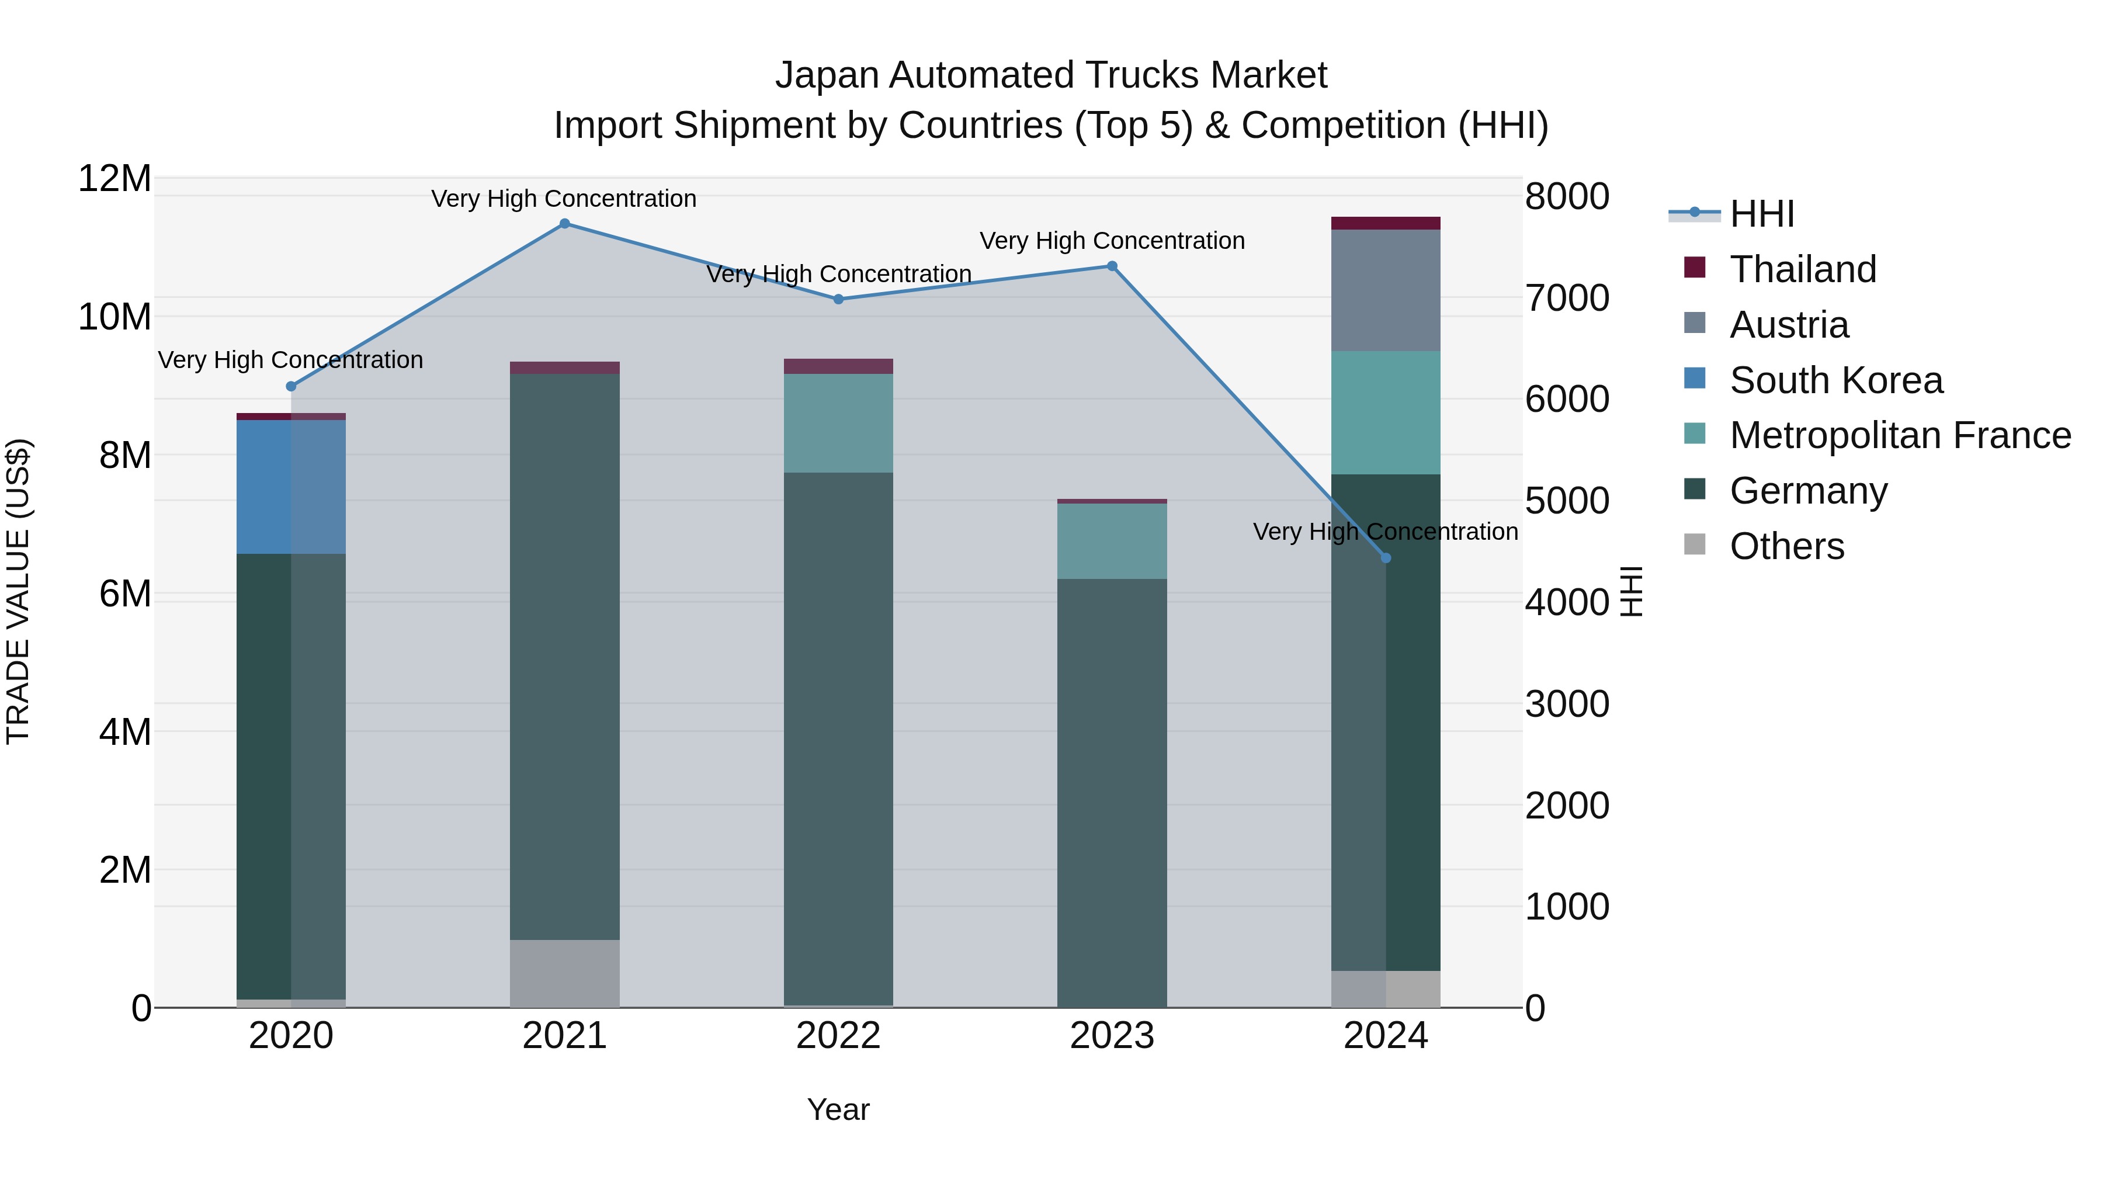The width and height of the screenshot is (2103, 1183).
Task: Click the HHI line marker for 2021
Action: click(x=564, y=224)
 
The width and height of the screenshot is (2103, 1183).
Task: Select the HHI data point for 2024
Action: click(x=1386, y=558)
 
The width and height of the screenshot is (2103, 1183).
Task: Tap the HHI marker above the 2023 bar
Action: click(x=1112, y=266)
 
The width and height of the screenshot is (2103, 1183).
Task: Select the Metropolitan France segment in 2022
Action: click(x=838, y=423)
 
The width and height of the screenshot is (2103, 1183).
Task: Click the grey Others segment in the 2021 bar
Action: click(x=564, y=973)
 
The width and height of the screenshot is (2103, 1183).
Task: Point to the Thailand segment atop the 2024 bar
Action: click(x=1386, y=223)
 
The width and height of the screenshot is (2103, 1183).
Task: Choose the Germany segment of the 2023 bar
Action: click(x=1112, y=792)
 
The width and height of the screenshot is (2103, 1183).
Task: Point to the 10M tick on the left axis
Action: click(x=114, y=317)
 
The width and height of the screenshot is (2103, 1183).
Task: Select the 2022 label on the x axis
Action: click(x=838, y=1036)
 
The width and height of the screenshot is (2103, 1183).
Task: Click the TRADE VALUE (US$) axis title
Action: click(x=18, y=591)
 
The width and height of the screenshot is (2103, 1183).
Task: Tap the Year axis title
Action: click(x=838, y=1109)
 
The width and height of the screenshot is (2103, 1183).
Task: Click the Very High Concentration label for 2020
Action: click(x=291, y=360)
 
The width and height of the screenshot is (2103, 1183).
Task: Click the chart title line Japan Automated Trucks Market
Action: click(x=1051, y=75)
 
